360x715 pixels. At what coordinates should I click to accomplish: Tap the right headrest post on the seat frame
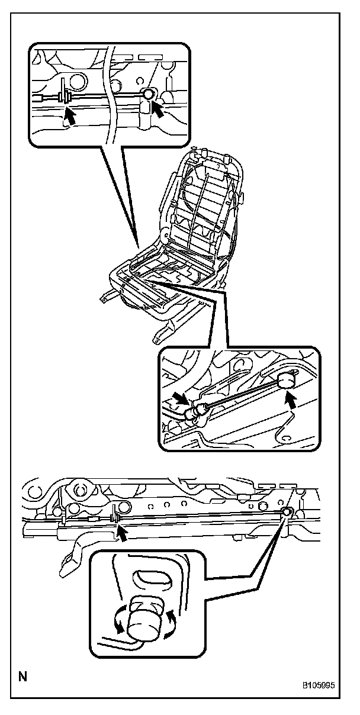227,158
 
